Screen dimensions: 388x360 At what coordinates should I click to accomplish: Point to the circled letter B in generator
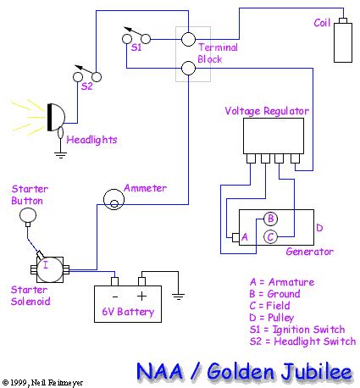269,219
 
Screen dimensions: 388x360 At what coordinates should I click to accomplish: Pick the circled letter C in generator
269,236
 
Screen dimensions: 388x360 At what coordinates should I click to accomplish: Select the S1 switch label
136,49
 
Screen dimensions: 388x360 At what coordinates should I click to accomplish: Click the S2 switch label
86,86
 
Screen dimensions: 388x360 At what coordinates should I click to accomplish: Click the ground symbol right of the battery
179,296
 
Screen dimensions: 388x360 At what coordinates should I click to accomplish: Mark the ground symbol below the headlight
58,154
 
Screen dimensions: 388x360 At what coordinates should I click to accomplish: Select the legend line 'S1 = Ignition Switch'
297,329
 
